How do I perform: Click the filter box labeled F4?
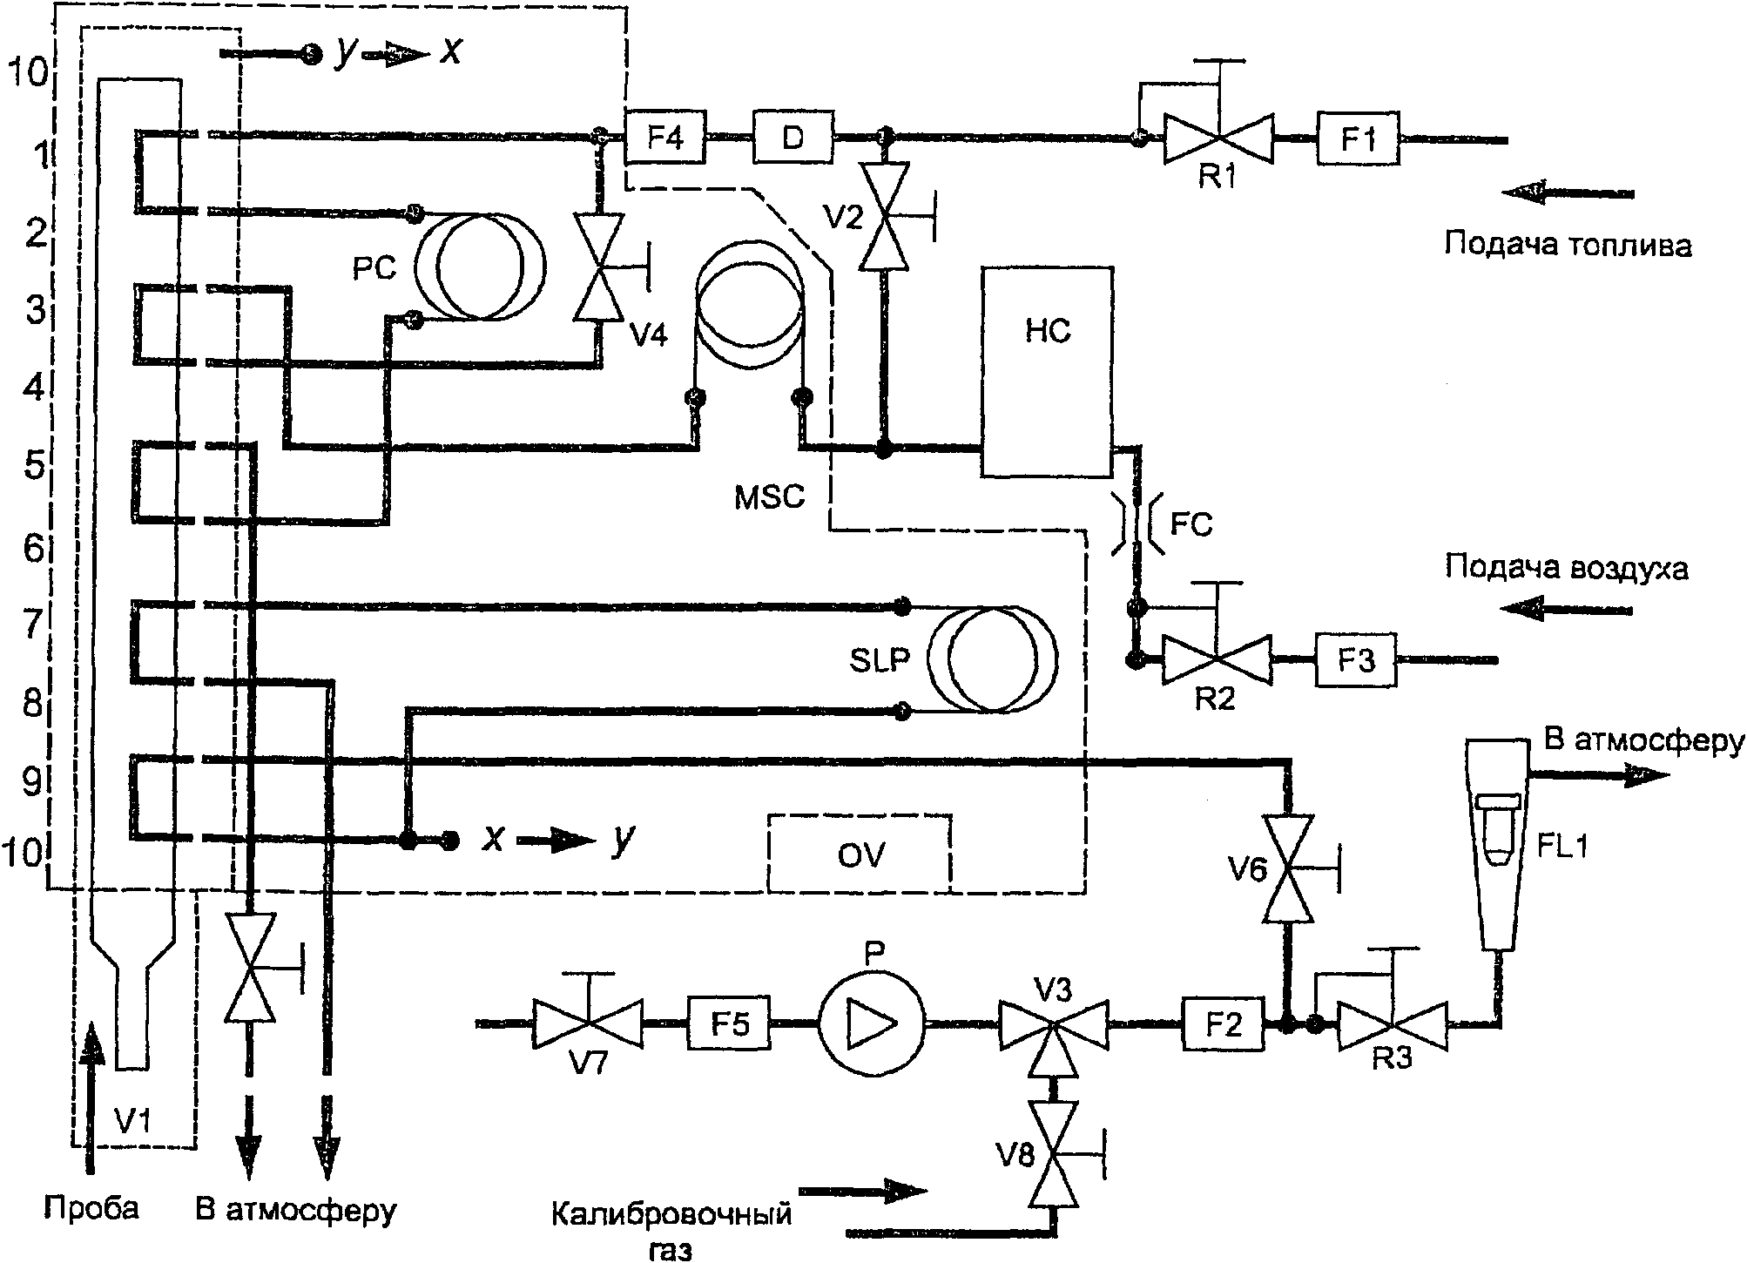coord(665,137)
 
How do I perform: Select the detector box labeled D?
coord(793,137)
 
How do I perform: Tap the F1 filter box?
coord(1358,138)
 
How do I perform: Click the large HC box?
coord(1048,372)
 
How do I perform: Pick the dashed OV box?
coord(859,854)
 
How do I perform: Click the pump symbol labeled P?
coord(872,1023)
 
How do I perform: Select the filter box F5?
coord(730,1023)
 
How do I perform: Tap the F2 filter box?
coord(1224,1024)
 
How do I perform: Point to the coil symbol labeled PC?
coord(480,267)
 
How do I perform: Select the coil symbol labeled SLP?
coord(993,659)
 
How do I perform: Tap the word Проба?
coord(92,1209)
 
